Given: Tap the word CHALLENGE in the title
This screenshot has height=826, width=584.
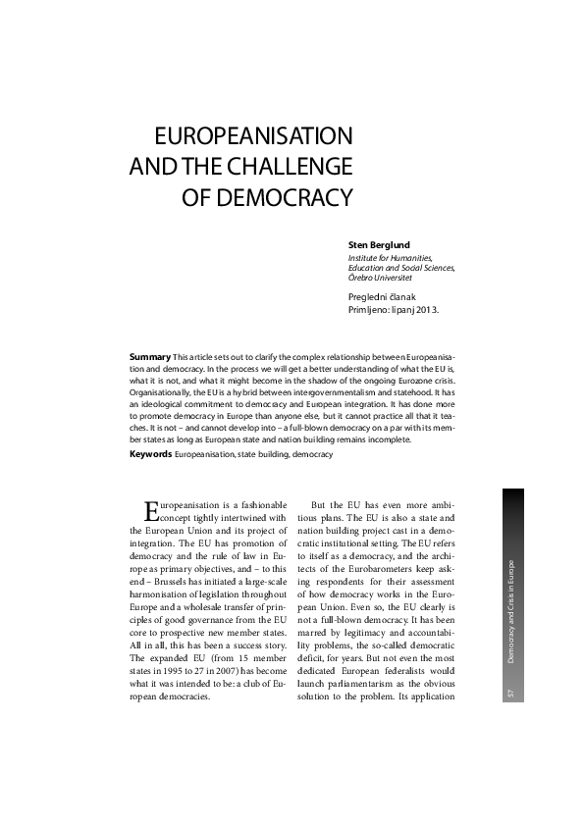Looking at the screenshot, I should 290,166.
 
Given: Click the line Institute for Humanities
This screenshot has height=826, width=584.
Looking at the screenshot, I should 390,256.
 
